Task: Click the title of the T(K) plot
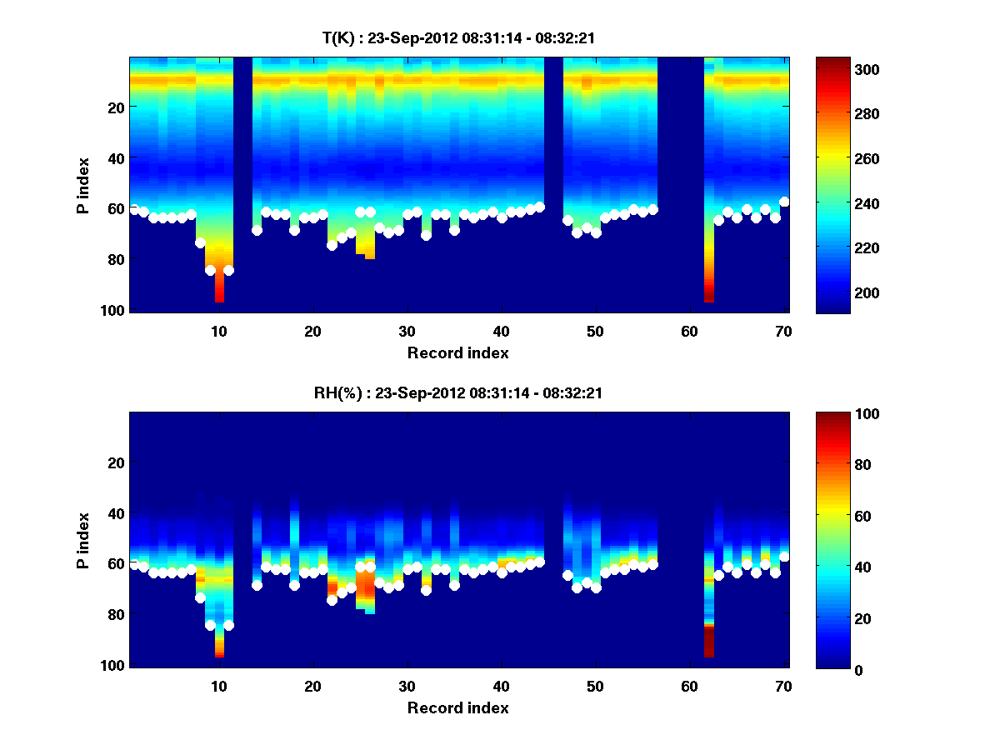pos(457,37)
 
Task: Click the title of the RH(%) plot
pos(457,392)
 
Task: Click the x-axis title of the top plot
pos(457,352)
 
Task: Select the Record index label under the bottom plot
pos(457,707)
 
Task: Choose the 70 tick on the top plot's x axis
pos(782,331)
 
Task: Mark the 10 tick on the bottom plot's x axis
pos(218,686)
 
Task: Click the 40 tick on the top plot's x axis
pos(501,331)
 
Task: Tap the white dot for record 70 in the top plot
pos(784,202)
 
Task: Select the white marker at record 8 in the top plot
pos(200,242)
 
